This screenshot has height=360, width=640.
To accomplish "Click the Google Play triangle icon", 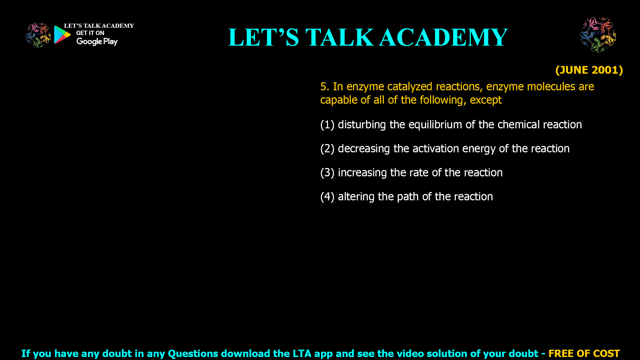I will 62,35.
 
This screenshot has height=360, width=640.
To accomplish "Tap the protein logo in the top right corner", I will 598,35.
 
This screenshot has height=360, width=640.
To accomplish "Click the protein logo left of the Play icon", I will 38,35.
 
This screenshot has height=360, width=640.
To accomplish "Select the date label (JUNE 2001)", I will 589,70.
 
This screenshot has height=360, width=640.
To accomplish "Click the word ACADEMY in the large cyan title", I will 443,37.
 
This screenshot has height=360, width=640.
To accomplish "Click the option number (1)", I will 327,125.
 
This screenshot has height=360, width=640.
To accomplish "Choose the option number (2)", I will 327,149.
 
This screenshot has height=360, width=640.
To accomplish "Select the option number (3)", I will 327,173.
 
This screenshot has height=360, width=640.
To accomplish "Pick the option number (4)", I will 327,197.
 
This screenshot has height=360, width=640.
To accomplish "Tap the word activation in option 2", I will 435,149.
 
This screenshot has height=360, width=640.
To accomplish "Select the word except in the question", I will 485,100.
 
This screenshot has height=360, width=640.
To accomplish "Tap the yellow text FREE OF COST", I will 584,353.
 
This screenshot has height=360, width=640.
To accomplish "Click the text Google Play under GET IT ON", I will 97,42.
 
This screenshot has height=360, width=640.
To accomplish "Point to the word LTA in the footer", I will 302,353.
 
